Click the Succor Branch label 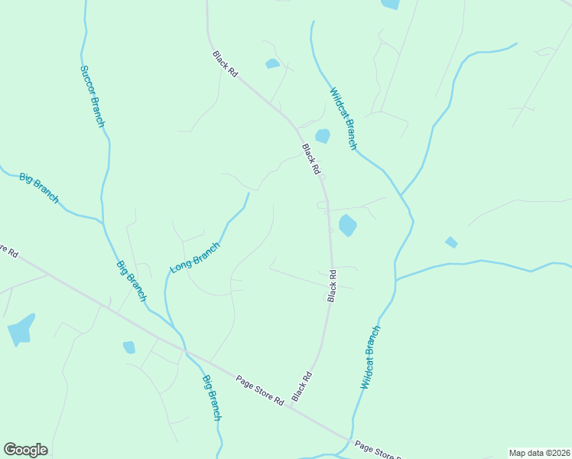pyautogui.click(x=92, y=96)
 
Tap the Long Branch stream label pyautogui.click(x=195, y=258)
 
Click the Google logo pyautogui.click(x=25, y=450)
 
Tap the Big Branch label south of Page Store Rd pyautogui.click(x=212, y=397)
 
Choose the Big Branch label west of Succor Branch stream pyautogui.click(x=39, y=188)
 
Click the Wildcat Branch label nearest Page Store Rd pyautogui.click(x=370, y=358)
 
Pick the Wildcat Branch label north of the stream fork pyautogui.click(x=343, y=119)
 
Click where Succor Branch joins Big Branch pyautogui.click(x=102, y=222)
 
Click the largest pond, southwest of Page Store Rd pyautogui.click(x=21, y=330)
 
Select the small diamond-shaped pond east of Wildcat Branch pyautogui.click(x=451, y=243)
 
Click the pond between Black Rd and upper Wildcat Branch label pyautogui.click(x=323, y=136)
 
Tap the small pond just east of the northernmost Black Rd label pyautogui.click(x=272, y=63)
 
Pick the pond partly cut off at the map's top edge pyautogui.click(x=390, y=4)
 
